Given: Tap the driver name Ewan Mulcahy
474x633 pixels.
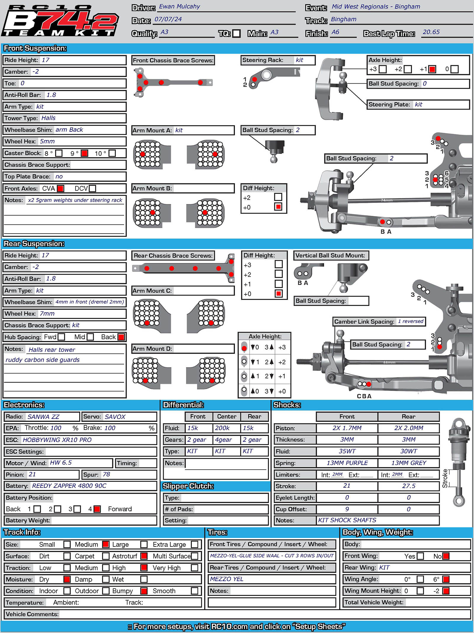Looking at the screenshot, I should pyautogui.click(x=179, y=7).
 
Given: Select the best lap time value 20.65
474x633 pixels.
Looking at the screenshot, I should pyautogui.click(x=431, y=32).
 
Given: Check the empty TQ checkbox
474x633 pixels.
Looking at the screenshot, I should pyautogui.click(x=236, y=34).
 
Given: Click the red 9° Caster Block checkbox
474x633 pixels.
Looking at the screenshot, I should pyautogui.click(x=84, y=153).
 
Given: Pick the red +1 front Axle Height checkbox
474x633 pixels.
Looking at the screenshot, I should pyautogui.click(x=432, y=69).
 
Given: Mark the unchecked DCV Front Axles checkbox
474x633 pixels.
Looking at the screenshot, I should pyautogui.click(x=92, y=189).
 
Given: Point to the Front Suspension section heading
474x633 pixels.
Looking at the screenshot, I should pyautogui.click(x=35, y=48).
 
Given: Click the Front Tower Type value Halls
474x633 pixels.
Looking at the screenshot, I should pyautogui.click(x=48, y=118).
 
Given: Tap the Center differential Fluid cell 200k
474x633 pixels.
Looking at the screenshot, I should pyautogui.click(x=222, y=428).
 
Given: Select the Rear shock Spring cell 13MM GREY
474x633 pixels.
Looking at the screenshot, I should pyautogui.click(x=409, y=463).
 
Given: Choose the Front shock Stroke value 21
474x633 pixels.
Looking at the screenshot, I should pyautogui.click(x=347, y=486).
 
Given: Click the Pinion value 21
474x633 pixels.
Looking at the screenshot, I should pyautogui.click(x=32, y=474).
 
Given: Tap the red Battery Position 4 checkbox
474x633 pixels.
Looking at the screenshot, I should pyautogui.click(x=97, y=509).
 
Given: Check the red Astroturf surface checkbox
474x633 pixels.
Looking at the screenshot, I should pyautogui.click(x=144, y=556).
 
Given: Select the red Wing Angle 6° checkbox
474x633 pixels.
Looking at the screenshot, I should pyautogui.click(x=446, y=579).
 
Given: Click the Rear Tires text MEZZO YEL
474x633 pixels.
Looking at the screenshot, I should pyautogui.click(x=227, y=579).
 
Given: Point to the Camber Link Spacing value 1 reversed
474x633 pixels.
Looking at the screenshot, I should pyautogui.click(x=410, y=321).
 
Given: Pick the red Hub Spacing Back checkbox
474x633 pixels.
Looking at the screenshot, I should pyautogui.click(x=121, y=337).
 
